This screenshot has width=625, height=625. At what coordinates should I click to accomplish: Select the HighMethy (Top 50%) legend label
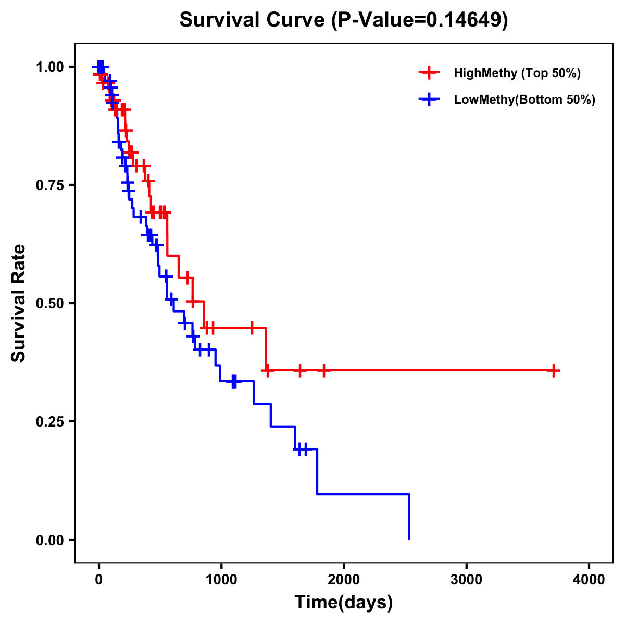[x=517, y=73]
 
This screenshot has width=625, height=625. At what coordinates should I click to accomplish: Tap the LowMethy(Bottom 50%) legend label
[x=524, y=99]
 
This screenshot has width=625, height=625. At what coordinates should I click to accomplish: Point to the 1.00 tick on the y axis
[x=50, y=67]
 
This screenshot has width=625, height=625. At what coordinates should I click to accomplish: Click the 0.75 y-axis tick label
[x=50, y=185]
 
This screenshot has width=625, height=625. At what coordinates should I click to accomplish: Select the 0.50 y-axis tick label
[x=50, y=304]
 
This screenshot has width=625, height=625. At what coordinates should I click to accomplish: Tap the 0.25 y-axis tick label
[x=50, y=422]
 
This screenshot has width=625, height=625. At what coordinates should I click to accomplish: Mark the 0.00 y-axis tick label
[x=50, y=540]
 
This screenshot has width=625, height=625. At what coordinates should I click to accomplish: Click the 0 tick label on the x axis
[x=98, y=580]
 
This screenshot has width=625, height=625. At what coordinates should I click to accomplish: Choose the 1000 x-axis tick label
[x=221, y=580]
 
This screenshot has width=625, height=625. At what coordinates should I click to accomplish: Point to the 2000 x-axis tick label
[x=344, y=580]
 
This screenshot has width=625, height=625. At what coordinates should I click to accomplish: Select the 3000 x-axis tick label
[x=467, y=580]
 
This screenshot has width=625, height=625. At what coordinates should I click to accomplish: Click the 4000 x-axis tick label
[x=589, y=580]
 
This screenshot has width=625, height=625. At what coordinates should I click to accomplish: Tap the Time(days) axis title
[x=344, y=603]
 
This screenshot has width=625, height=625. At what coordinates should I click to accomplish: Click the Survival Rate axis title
[x=19, y=303]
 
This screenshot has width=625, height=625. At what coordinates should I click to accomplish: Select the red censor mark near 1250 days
[x=252, y=328]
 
